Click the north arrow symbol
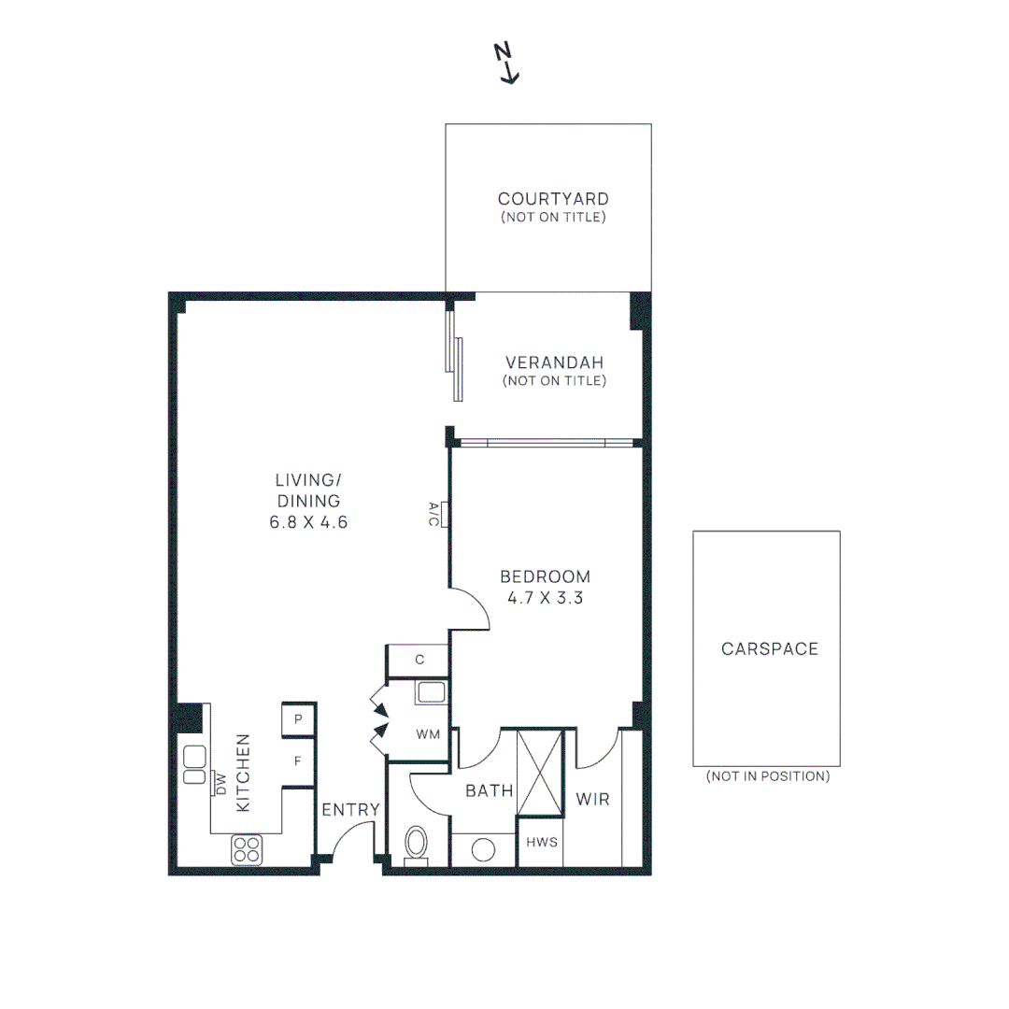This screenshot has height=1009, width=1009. coord(507,64)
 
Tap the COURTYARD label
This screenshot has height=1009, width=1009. coord(553,199)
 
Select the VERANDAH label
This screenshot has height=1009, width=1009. coord(554,362)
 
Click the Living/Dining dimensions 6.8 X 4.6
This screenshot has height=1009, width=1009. coord(308,522)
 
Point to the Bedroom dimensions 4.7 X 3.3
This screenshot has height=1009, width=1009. coord(545,599)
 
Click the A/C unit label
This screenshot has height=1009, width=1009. coord(433,513)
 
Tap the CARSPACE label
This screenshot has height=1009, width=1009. coord(769,648)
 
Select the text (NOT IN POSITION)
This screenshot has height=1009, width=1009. coord(767,776)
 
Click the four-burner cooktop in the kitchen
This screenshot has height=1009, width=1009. coord(247,849)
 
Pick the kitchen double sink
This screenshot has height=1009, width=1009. coord(194,765)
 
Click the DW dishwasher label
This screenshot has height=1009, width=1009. coord(221,783)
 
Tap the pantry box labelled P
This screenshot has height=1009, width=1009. coord(298,719)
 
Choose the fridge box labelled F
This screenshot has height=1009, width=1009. coord(298,761)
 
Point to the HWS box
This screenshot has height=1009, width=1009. coord(542,842)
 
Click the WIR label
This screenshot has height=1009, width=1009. coord(592,800)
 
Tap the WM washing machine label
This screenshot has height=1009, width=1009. coord(428,734)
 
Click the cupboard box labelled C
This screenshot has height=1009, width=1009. coord(419,660)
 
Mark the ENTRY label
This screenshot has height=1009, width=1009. coord(350,810)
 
